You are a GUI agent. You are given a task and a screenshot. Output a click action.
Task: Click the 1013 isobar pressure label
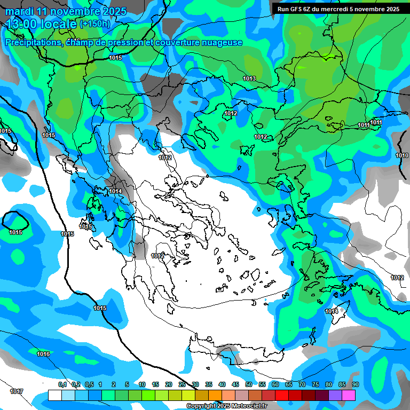pyautogui.click(x=249, y=79)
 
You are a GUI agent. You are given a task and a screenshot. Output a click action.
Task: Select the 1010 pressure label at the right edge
pyautogui.click(x=402, y=155)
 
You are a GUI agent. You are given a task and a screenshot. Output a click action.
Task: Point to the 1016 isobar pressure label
pyautogui.click(x=43, y=354)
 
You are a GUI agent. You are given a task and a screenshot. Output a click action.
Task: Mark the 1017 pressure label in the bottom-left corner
pyautogui.click(x=17, y=391)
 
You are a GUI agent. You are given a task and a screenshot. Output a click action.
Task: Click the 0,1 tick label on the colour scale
pyautogui.click(x=62, y=384)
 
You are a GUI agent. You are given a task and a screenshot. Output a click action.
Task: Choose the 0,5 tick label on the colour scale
pyautogui.click(x=89, y=384)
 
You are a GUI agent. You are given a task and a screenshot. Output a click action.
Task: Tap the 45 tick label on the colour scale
pyautogui.click(x=235, y=384)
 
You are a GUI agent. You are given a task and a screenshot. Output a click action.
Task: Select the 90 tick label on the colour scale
pyautogui.click(x=355, y=384)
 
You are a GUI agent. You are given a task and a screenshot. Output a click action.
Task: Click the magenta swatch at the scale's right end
pyautogui.click(x=349, y=395)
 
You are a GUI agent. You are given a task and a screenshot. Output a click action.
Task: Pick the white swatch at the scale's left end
pyautogui.click(x=54, y=395)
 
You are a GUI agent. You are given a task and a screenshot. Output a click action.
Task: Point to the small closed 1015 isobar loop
pyautogui.click(x=15, y=222)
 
